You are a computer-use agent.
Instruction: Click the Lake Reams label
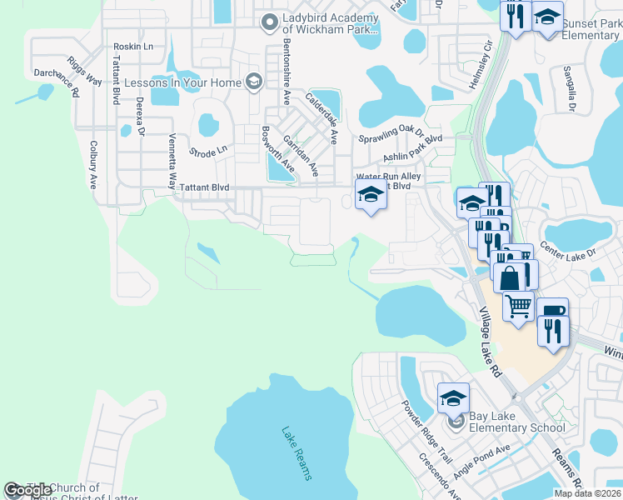(x=297, y=453)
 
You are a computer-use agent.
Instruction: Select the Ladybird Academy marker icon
(x=268, y=22)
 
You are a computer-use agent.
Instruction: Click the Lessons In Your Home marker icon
(x=253, y=82)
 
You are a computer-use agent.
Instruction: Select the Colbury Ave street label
(x=92, y=163)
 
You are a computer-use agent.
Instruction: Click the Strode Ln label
(x=208, y=152)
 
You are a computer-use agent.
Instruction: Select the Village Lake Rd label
(x=488, y=341)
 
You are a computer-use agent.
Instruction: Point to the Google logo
(x=27, y=491)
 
